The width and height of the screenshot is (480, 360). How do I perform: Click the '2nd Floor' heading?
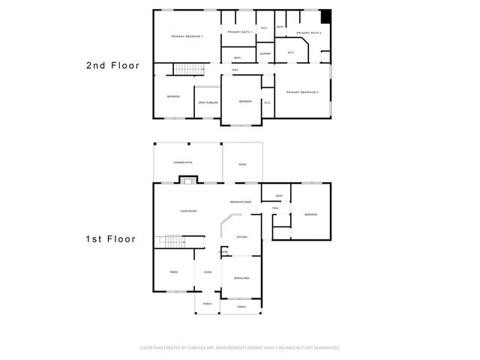(x=112, y=66)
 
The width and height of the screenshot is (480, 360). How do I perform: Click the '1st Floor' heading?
(x=110, y=239)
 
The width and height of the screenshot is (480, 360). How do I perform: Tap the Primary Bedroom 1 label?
(x=187, y=37)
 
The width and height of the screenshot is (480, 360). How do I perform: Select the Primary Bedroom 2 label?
(x=303, y=92)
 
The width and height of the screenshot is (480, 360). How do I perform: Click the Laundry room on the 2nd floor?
(x=265, y=54)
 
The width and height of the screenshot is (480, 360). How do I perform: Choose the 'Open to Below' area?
(x=208, y=102)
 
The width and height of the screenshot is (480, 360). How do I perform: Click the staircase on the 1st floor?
(x=172, y=241)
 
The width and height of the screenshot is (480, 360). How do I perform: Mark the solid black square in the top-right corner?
(x=325, y=16)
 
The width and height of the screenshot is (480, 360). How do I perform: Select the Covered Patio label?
(x=183, y=162)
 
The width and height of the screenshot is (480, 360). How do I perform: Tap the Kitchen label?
(x=242, y=236)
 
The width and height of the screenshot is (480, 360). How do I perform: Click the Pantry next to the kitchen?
(x=223, y=252)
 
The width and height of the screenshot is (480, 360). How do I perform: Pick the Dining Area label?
(x=241, y=277)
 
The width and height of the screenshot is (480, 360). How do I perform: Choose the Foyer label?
(x=207, y=272)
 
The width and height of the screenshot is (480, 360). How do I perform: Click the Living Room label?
(x=188, y=211)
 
